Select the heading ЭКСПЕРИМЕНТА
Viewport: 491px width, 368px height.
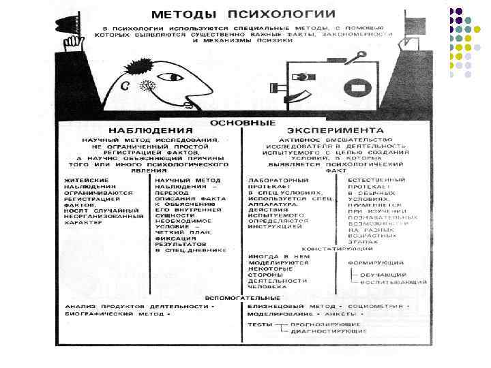tap(335, 129)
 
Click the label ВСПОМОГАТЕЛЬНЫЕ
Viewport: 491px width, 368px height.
tap(243, 298)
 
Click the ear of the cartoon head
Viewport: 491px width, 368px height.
tap(125, 85)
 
